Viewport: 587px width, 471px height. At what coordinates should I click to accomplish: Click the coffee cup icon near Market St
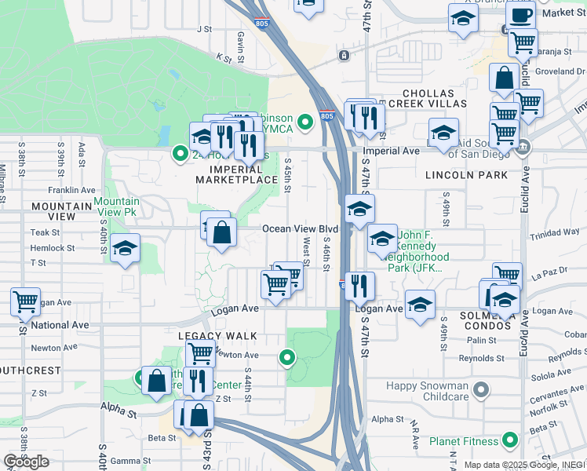(x=519, y=14)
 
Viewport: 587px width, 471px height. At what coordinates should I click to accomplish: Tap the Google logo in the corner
(x=26, y=462)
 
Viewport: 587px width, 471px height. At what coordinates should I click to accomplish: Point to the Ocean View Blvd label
(x=300, y=228)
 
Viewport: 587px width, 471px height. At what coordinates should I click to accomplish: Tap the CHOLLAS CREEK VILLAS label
(x=428, y=99)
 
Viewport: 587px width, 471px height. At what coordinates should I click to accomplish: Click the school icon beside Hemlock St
(x=124, y=250)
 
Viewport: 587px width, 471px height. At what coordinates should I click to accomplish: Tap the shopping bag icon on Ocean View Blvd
(x=222, y=232)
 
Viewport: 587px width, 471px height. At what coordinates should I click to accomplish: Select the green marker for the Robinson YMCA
(x=306, y=120)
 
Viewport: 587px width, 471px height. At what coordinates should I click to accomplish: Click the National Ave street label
(x=60, y=324)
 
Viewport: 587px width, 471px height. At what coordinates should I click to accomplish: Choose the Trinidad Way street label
(x=554, y=232)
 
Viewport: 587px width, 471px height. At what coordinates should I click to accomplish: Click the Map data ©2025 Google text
(x=521, y=465)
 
